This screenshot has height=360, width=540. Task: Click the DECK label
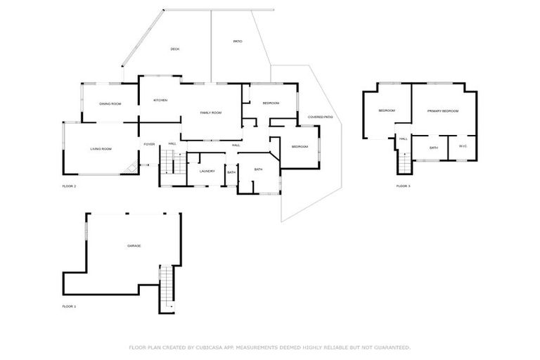(175, 49)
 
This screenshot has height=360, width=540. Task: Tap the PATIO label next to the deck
(238, 42)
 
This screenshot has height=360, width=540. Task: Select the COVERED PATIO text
(320, 117)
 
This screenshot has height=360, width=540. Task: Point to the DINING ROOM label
(110, 104)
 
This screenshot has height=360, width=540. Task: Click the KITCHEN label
(160, 101)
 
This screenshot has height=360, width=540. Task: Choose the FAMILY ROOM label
(210, 113)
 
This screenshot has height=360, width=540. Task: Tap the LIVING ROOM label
(101, 149)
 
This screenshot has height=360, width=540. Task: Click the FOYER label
(149, 144)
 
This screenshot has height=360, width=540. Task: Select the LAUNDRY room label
(207, 172)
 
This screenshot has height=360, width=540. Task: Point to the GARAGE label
(134, 246)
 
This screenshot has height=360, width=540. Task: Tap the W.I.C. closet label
(463, 146)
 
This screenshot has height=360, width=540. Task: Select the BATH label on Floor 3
(434, 148)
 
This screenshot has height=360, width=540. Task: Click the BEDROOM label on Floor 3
(387, 110)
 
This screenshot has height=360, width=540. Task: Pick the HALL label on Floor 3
(404, 139)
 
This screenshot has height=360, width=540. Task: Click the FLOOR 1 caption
(69, 307)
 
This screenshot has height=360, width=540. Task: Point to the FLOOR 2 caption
(69, 186)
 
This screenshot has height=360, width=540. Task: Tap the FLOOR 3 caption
(403, 186)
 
